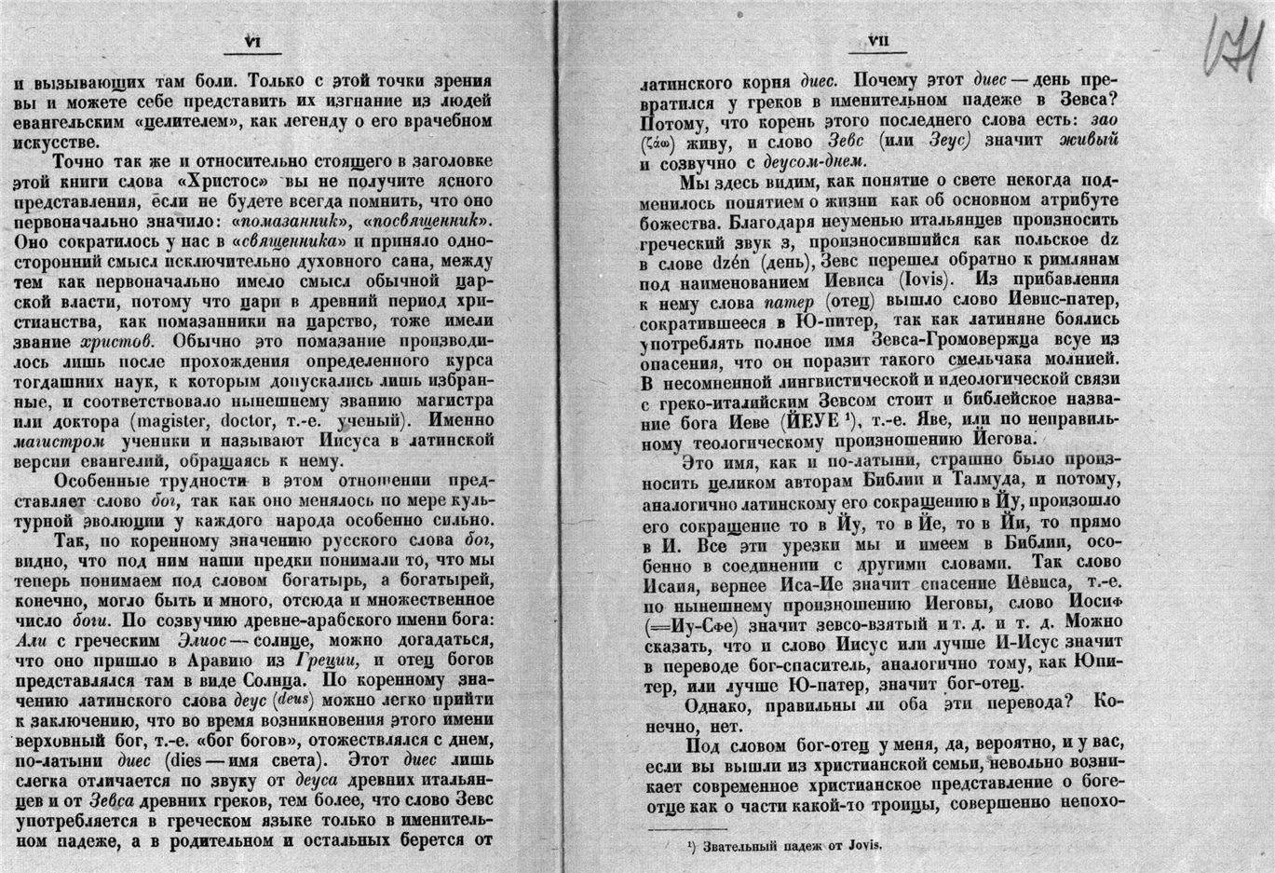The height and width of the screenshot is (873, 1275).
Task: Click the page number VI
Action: click(x=251, y=41)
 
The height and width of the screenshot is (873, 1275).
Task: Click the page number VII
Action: click(x=878, y=41)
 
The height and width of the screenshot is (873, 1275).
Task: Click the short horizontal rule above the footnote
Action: click(x=686, y=829)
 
